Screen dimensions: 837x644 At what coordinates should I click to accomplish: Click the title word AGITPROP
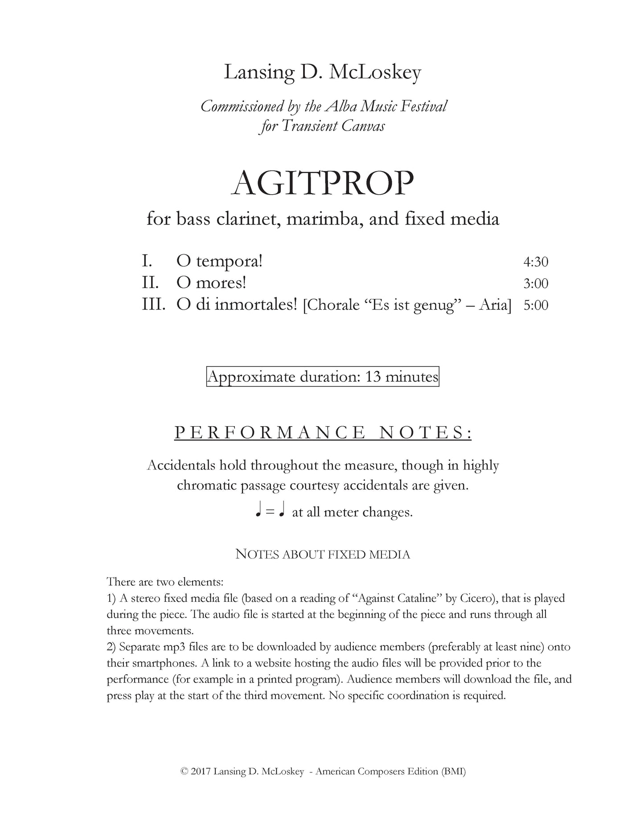(323, 183)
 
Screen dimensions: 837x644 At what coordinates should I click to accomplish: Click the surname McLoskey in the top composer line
(374, 73)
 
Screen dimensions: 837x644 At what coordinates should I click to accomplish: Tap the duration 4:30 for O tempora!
(535, 261)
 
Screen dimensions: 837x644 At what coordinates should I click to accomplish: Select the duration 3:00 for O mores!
(535, 283)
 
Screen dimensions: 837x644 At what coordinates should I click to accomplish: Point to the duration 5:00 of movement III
(535, 306)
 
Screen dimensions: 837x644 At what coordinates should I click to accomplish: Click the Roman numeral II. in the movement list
(151, 283)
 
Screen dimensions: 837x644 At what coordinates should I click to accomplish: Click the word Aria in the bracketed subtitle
(494, 305)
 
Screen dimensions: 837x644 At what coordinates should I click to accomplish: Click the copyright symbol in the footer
(184, 772)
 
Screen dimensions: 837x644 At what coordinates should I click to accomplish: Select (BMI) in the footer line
(453, 772)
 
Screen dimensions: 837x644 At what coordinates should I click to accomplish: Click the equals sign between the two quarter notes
(269, 513)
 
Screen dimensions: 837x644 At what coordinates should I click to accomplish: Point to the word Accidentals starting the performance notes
(180, 465)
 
